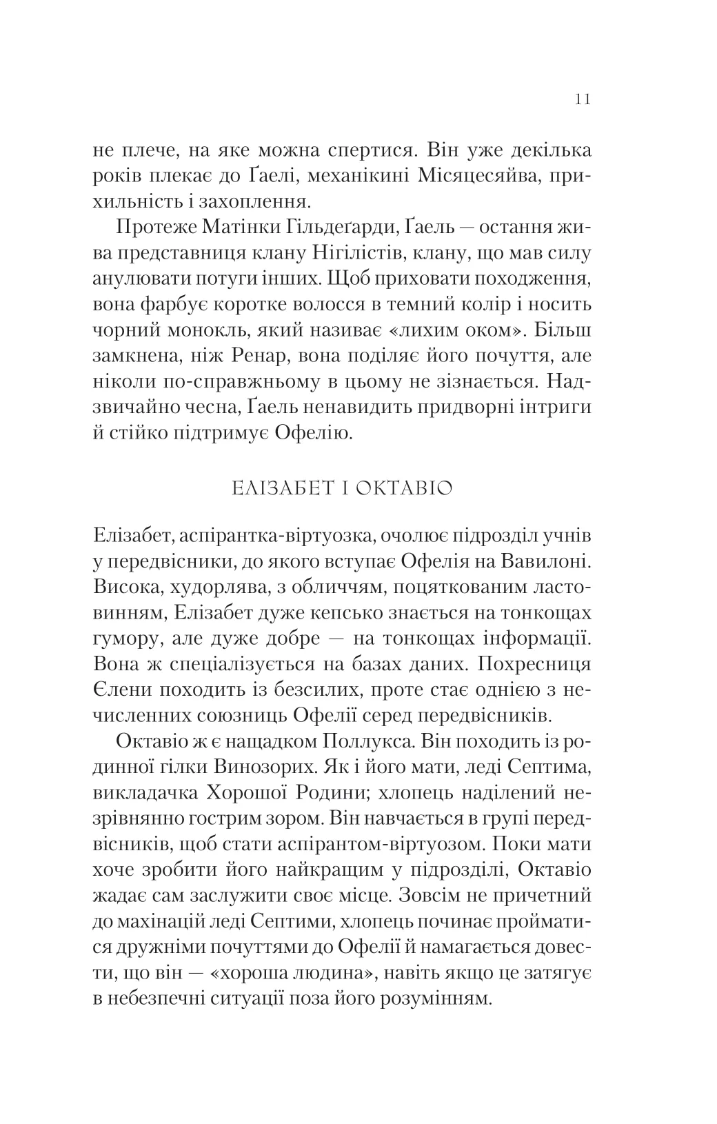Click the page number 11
[582, 99]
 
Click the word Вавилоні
[544, 561]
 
